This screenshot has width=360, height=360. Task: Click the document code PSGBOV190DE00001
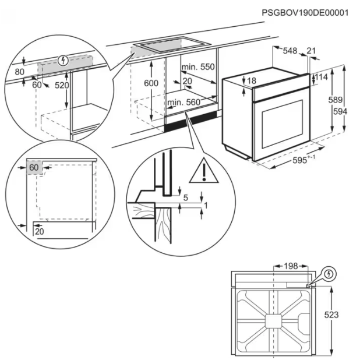pos(305,12)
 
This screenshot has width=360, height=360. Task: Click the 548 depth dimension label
pos(290,51)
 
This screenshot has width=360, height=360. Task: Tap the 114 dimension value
pos(321,77)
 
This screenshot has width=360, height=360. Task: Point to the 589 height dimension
pos(335,100)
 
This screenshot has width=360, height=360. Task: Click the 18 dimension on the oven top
pos(251,80)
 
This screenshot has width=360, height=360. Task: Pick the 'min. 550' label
pos(197,67)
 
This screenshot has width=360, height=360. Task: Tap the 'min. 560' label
pos(183,103)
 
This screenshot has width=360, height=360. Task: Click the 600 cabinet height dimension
pos(151,83)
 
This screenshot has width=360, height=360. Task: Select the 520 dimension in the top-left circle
pos(62,86)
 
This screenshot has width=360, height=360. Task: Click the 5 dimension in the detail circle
pos(185,197)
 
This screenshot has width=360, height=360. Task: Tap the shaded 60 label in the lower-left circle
pos(34,168)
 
